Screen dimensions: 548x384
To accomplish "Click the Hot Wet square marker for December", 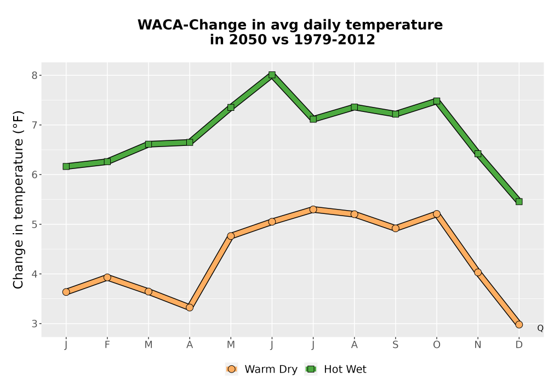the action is (519, 201).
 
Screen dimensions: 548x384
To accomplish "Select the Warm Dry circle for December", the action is (519, 325).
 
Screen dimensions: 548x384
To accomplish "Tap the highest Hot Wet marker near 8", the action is (272, 75).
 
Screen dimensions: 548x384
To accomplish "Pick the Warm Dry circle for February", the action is (107, 278).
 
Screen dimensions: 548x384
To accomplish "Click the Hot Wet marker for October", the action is (437, 101).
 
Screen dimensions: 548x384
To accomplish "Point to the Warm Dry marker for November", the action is (478, 273).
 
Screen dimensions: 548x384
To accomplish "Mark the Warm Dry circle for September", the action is (396, 228).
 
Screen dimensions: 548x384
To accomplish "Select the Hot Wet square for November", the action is (478, 154).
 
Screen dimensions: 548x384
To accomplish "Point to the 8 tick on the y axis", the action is (35, 76).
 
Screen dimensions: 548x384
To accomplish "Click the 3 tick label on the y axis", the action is (35, 324).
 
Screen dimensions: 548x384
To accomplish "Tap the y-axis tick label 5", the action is (35, 224).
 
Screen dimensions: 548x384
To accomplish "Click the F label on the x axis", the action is (107, 345).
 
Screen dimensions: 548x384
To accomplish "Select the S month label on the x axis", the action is (396, 345).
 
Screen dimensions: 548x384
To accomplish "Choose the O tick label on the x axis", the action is (437, 345).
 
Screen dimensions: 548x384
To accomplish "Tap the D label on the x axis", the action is (519, 345).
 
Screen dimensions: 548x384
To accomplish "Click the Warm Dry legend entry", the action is (261, 369).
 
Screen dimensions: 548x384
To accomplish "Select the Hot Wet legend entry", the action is (336, 369).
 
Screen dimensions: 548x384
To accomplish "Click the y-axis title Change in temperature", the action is (18, 200).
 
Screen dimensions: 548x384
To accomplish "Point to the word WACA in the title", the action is (159, 25).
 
